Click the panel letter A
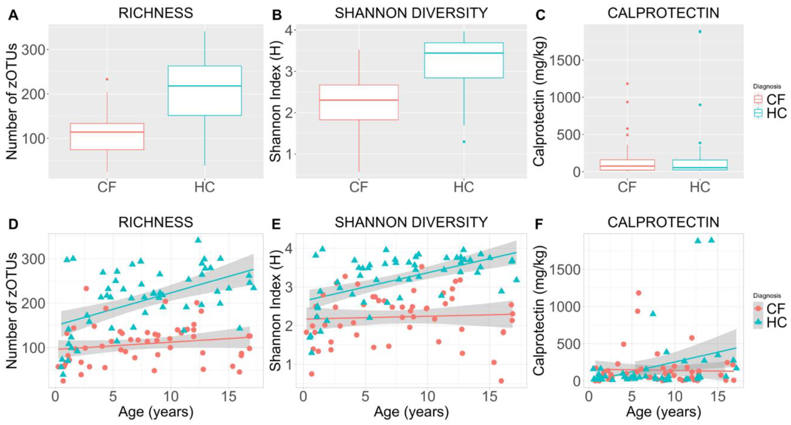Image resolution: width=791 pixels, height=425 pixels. [13, 15]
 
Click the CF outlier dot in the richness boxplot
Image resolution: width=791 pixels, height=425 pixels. [107, 79]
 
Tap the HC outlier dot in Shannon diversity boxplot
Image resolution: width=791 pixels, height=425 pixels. [464, 142]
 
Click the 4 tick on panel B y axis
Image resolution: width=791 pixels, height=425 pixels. [289, 30]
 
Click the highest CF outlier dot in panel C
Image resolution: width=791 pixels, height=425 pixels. [627, 84]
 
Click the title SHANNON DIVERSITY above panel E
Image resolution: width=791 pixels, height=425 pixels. [411, 222]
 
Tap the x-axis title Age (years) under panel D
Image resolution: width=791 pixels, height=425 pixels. [156, 412]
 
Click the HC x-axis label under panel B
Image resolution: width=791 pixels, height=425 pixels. [464, 187]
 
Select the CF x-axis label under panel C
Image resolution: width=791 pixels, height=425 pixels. [627, 187]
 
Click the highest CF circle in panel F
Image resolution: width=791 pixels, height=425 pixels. [638, 293]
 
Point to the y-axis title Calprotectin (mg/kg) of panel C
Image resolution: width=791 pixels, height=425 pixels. [539, 101]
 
